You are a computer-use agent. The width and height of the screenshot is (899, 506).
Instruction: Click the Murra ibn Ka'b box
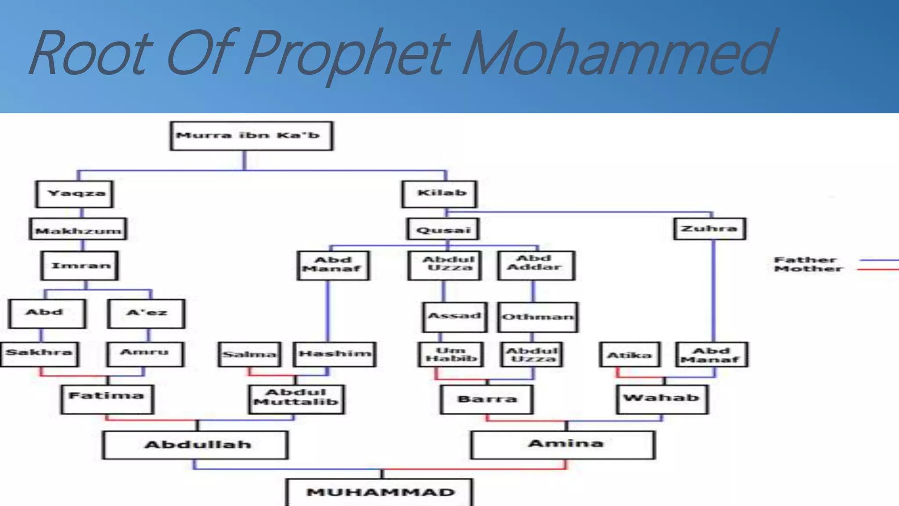pos(251,136)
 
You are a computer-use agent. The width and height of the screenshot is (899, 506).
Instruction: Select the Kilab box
pos(439,194)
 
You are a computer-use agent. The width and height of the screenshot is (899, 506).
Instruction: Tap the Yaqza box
pos(75,194)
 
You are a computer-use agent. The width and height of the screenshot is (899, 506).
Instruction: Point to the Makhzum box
pos(78,229)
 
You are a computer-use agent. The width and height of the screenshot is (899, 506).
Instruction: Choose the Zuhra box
pos(709,229)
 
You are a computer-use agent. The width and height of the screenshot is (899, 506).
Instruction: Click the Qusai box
pos(442,229)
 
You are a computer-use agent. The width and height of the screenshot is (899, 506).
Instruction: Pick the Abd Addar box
pos(536,265)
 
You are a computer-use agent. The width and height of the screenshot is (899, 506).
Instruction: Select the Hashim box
pos(334,354)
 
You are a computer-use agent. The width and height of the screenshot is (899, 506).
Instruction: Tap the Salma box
pos(249,354)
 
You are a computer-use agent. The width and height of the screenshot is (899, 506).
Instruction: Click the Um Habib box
pos(451,354)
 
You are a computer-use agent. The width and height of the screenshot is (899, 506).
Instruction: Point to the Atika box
pos(629,354)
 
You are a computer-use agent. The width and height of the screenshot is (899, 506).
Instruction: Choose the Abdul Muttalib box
pos(296,399)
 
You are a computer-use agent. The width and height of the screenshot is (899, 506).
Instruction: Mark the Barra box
pos(487,399)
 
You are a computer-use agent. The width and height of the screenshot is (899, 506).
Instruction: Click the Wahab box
pos(662,399)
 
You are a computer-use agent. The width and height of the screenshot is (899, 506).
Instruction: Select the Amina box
pos(563,445)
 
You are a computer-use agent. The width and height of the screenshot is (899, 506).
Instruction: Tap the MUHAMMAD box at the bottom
pos(380,492)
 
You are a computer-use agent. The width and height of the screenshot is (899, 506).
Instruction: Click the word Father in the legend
pos(805,260)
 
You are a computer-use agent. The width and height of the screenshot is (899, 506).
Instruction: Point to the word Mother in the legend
pos(808,269)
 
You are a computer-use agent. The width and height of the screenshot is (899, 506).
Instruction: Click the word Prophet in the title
pos(347,55)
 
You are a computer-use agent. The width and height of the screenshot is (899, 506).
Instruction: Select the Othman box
pos(538,317)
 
